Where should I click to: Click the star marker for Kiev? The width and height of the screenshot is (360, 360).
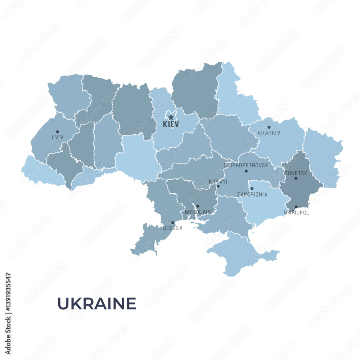(x=171, y=117)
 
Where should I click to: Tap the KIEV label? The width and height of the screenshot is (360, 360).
(x=171, y=125)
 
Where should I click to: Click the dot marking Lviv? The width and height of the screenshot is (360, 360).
(x=57, y=132)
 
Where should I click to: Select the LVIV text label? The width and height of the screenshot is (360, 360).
(x=57, y=138)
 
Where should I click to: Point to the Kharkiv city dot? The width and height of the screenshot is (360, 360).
(x=269, y=127)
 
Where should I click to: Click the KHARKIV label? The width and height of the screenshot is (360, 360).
(x=269, y=133)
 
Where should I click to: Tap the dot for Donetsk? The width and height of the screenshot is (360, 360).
(x=296, y=178)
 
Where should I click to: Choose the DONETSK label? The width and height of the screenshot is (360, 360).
(x=296, y=173)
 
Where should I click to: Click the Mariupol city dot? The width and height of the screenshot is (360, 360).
(x=296, y=207)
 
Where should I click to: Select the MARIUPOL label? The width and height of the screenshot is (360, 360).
(x=296, y=213)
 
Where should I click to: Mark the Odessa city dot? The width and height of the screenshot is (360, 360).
(x=172, y=223)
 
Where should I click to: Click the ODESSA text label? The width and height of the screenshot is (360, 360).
(x=172, y=228)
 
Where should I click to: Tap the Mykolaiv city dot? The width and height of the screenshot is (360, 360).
(x=197, y=206)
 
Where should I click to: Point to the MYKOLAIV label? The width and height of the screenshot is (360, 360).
(x=198, y=212)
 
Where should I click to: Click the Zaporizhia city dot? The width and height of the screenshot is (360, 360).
(x=252, y=189)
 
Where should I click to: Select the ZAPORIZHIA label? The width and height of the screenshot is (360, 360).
(x=252, y=194)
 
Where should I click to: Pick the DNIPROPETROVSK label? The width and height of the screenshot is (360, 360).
(x=246, y=165)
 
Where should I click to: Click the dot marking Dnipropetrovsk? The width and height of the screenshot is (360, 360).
(x=246, y=171)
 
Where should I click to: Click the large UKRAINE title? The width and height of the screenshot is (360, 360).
(x=97, y=303)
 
